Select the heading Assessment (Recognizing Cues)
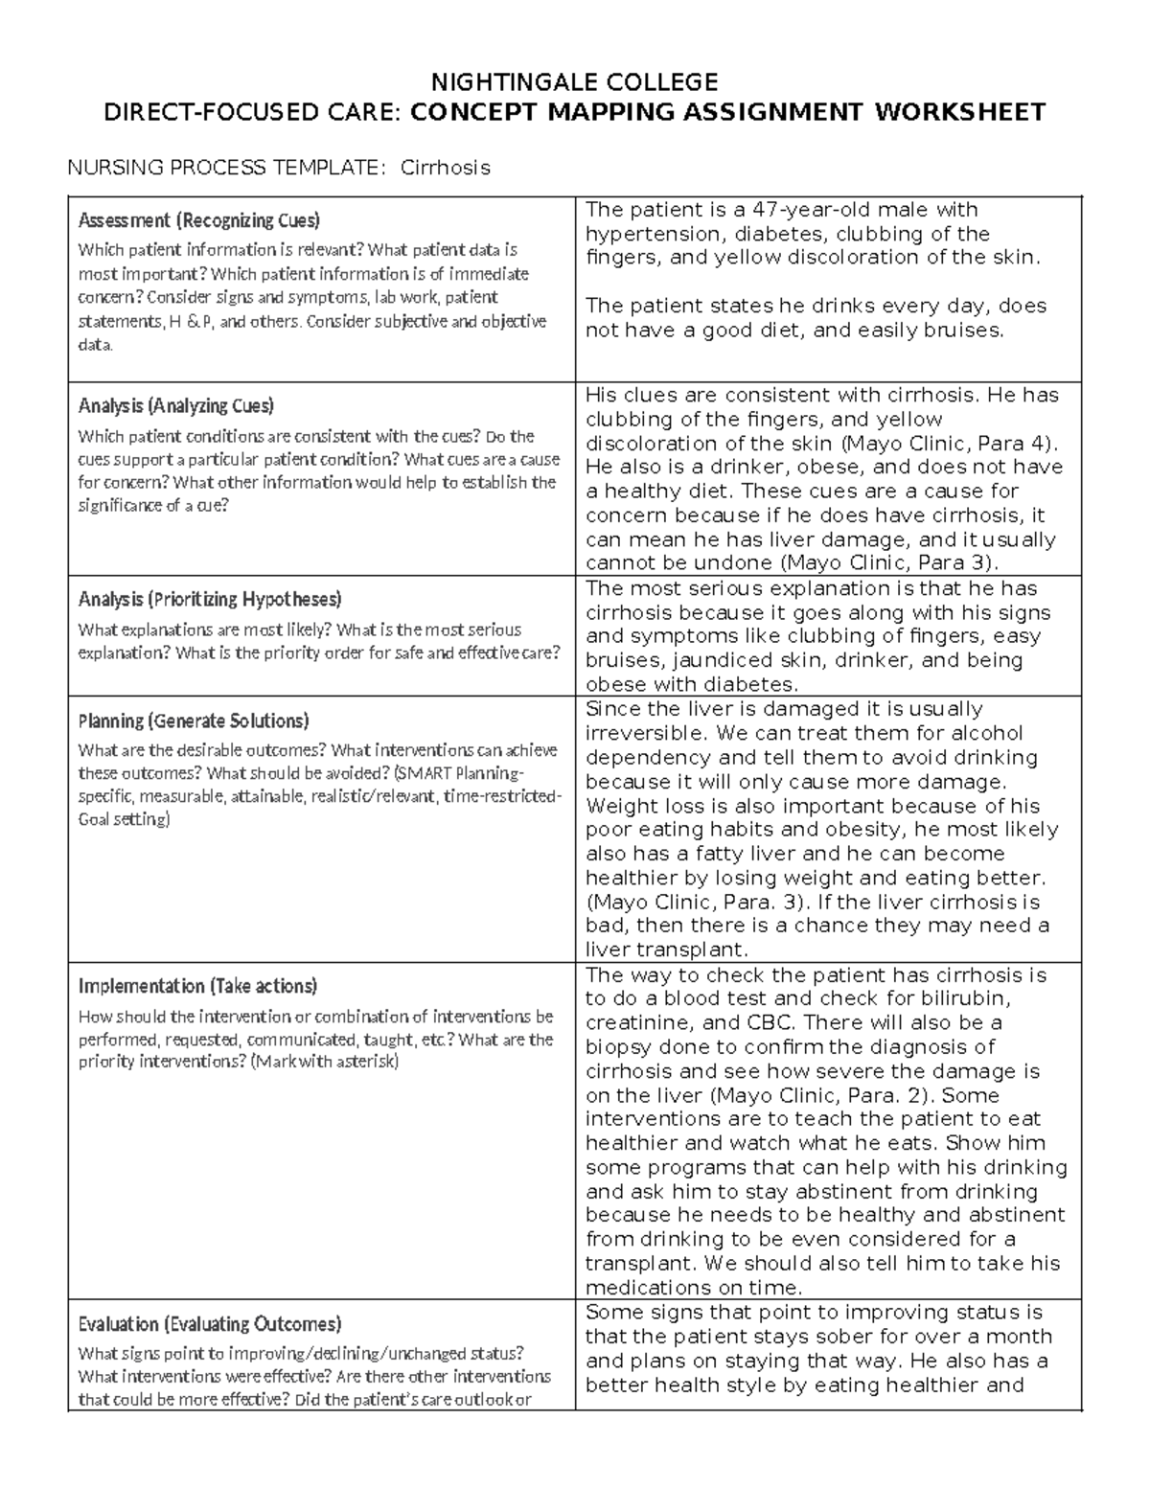198,220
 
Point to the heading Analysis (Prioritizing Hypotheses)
209,600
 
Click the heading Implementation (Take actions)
197,986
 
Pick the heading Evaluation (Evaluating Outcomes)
209,1324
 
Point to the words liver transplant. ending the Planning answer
665,950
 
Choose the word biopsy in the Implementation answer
617,1046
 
